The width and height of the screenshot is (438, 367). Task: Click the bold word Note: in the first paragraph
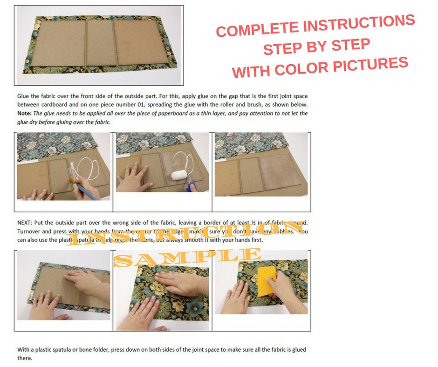[x=24, y=113]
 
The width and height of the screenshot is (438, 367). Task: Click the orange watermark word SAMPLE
[x=187, y=257]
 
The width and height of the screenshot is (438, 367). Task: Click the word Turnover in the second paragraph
[x=30, y=231]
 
